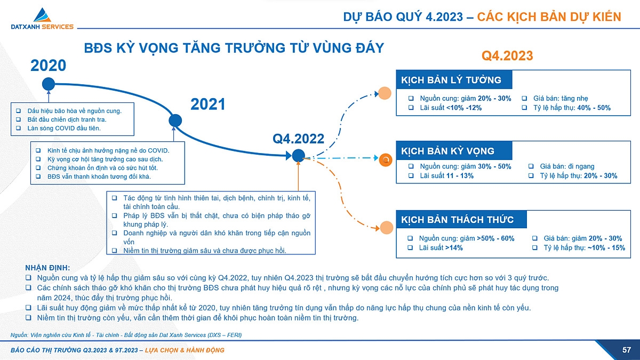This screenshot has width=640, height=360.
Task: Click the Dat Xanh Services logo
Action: [x=42, y=19]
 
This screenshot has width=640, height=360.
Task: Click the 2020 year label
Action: [x=49, y=66]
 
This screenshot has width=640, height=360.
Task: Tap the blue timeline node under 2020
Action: [x=49, y=84]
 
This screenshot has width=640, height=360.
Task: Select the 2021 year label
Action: [x=208, y=105]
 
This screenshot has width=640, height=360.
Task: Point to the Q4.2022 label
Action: [x=298, y=139]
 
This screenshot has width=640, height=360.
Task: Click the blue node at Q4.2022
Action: [x=298, y=155]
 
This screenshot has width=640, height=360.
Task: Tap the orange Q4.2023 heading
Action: [x=507, y=56]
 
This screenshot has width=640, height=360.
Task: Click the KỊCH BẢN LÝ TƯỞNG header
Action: [x=452, y=80]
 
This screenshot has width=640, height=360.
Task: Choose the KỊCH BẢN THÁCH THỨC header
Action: [x=458, y=220]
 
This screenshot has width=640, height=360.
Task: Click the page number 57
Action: [x=627, y=350]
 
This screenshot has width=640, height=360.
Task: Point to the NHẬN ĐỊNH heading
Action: [x=47, y=268]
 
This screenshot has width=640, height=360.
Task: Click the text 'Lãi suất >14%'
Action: [x=441, y=247]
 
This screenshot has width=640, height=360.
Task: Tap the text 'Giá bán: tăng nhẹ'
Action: [x=561, y=99]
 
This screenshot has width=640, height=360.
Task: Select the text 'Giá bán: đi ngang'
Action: [x=567, y=166]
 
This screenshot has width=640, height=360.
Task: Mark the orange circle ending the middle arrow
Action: [x=386, y=159]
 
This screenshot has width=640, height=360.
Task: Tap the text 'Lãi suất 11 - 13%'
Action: [x=446, y=175]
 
